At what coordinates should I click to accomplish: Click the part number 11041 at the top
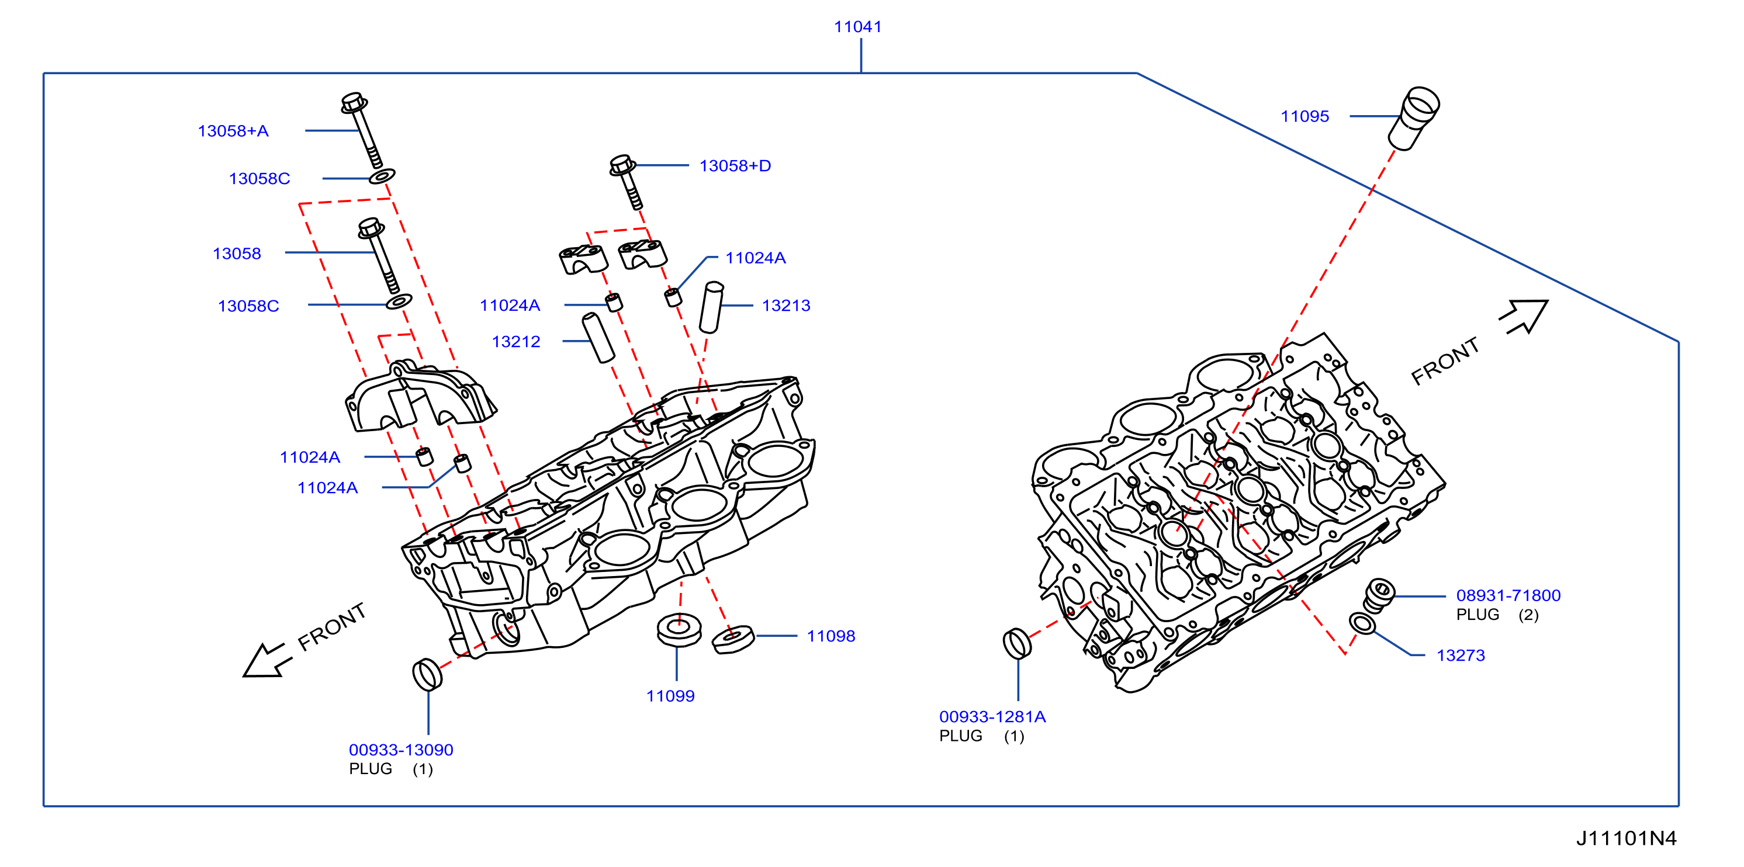tap(858, 27)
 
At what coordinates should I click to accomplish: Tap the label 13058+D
tap(735, 166)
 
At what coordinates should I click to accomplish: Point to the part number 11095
tap(1304, 116)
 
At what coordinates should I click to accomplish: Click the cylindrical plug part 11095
tap(1414, 119)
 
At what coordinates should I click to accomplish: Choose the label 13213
tap(786, 306)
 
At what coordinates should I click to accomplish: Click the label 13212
tap(516, 342)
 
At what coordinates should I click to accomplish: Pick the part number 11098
tap(831, 636)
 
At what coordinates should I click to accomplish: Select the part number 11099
tap(670, 696)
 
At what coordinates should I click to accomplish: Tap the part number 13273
tap(1461, 655)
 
